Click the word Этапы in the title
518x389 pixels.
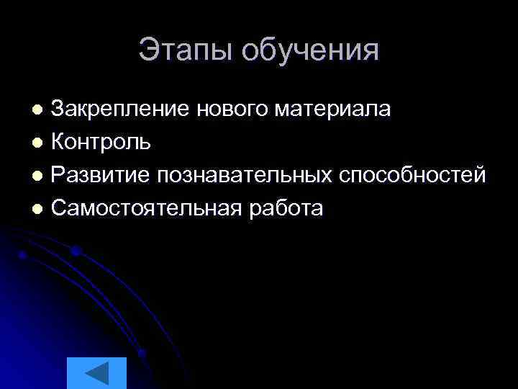tap(186, 51)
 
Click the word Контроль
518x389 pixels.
tap(101, 142)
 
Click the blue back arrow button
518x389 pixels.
tap(96, 373)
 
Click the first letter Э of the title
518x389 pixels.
tap(147, 50)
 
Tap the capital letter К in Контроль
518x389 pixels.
tap(58, 142)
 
